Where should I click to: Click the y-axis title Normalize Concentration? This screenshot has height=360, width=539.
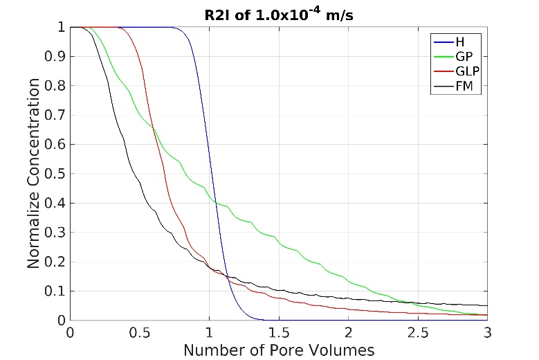coord(34,174)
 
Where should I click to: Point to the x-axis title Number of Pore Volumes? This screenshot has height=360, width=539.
coord(279,350)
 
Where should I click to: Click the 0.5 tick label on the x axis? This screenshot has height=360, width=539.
coord(139,333)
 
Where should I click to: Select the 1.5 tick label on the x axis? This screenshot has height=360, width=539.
coord(279,333)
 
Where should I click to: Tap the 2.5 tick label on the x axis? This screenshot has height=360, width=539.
coord(417,333)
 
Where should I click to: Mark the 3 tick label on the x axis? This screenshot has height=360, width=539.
coord(487,333)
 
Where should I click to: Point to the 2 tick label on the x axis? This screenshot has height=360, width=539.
coord(348,333)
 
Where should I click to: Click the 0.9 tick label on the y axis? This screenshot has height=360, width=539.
coord(55,57)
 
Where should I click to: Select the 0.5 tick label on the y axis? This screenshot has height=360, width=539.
coord(55,174)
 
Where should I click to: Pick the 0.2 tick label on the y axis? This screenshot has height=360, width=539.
coord(55,262)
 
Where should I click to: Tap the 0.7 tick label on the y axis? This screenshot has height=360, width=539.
coord(55,115)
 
